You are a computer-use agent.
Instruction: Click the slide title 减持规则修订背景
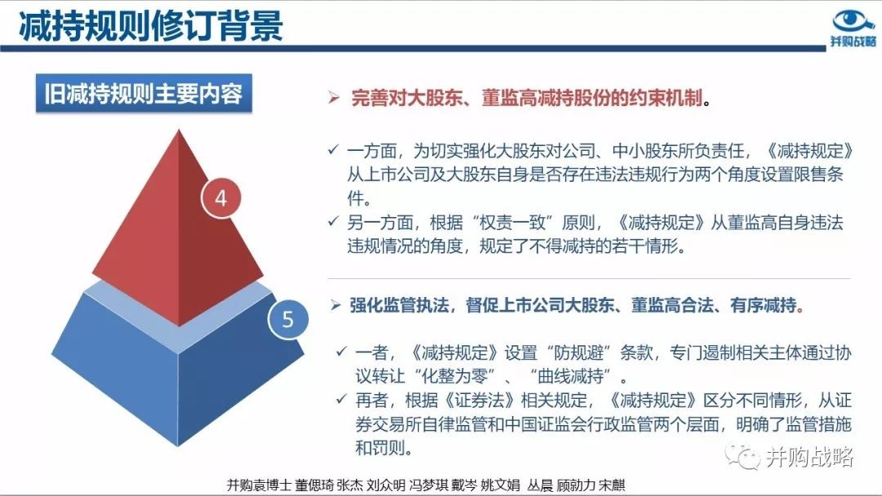(151, 26)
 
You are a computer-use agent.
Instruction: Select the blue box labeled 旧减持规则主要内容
(144, 93)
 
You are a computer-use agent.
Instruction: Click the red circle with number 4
(221, 197)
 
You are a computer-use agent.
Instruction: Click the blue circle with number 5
(288, 319)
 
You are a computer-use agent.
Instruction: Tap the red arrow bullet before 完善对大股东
(334, 98)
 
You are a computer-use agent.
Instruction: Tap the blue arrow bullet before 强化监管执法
(336, 306)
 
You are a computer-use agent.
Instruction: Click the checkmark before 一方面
(333, 150)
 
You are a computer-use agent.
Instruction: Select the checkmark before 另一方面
(333, 222)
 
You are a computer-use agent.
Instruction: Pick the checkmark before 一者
(341, 352)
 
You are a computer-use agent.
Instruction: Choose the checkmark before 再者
(341, 400)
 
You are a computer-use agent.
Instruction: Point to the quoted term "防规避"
(572, 352)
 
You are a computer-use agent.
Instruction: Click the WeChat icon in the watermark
(742, 455)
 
